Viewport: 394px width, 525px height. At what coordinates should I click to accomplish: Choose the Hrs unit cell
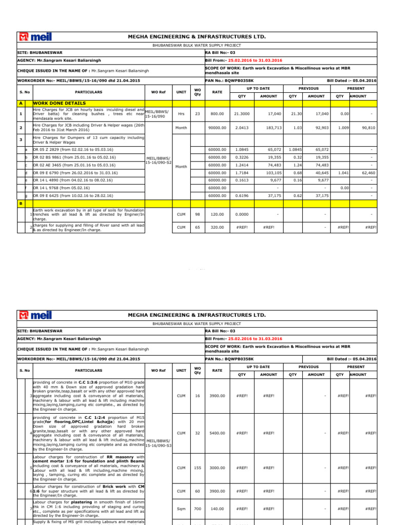pos(181,114)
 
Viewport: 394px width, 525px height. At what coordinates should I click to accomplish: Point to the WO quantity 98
pos(197,214)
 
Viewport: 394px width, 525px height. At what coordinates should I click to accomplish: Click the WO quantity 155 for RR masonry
pos(197,468)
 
